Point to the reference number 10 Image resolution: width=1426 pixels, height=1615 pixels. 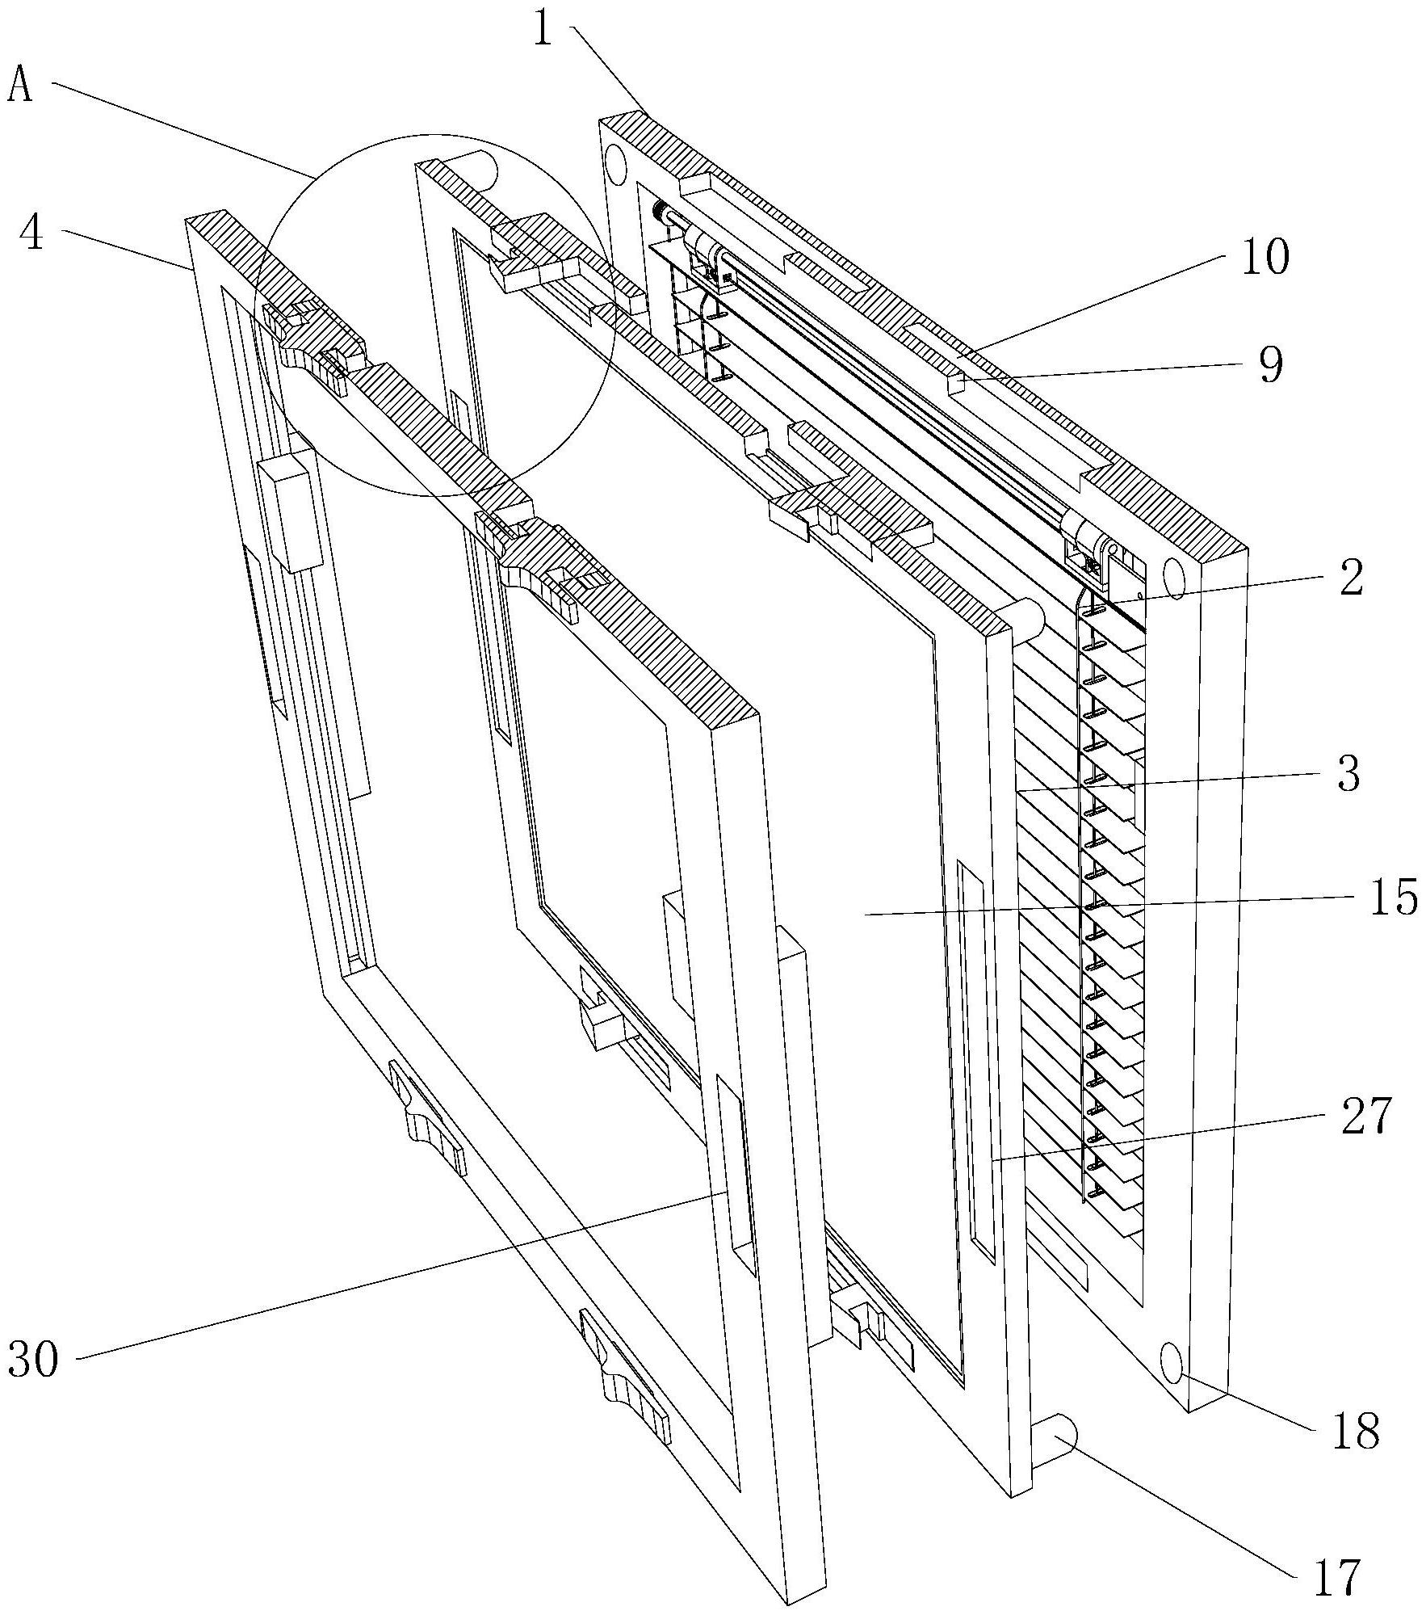click(x=1265, y=257)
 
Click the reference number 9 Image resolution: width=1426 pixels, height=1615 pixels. click(x=1271, y=365)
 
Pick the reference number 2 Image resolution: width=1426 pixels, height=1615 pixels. click(x=1351, y=578)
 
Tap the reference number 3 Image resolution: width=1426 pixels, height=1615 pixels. click(x=1349, y=773)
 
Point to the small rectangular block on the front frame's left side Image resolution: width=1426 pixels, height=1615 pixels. click(x=289, y=511)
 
